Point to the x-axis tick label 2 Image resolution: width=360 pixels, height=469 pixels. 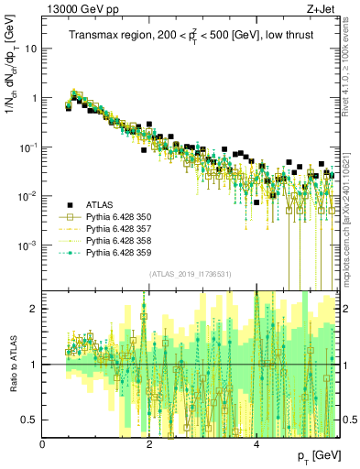(150, 443)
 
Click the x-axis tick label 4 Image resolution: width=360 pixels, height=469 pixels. (256, 443)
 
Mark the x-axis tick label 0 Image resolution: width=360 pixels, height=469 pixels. (43, 443)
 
